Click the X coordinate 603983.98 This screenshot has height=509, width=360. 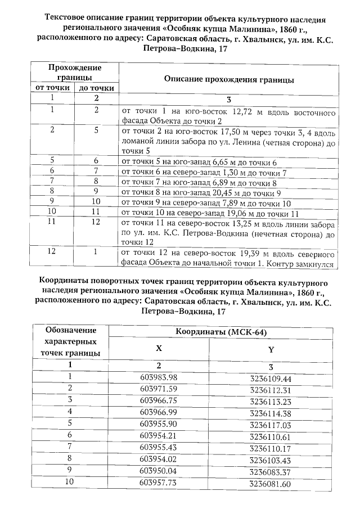[158, 377]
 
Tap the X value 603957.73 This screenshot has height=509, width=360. [158, 483]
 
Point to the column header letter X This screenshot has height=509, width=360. [159, 349]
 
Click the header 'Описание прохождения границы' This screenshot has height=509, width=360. [229, 80]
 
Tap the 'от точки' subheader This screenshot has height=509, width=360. [52, 88]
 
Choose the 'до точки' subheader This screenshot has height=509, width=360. [96, 88]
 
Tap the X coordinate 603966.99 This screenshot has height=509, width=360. [158, 412]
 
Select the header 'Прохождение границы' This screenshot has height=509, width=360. [74, 72]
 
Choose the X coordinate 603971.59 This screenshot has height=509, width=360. [158, 388]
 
